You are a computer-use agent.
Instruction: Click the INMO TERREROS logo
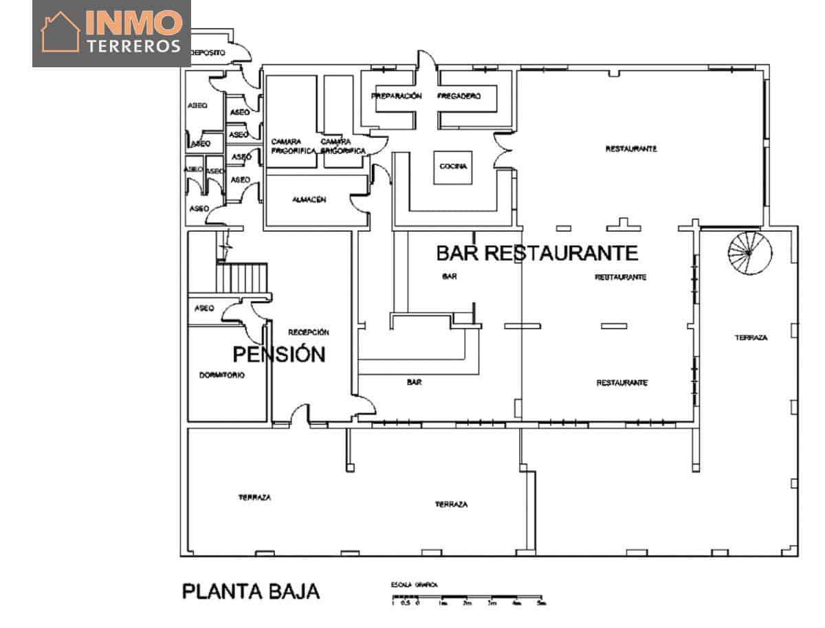111,34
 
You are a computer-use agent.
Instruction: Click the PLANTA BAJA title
250,591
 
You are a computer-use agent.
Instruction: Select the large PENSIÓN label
278,355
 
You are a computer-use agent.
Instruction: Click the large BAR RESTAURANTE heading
537,253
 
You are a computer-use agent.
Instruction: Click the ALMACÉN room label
309,201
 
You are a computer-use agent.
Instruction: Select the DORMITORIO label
222,375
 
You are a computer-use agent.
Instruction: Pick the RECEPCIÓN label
309,332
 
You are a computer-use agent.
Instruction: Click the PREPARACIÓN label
396,96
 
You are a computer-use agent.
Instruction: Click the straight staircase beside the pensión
241,278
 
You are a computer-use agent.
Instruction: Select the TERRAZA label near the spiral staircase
751,337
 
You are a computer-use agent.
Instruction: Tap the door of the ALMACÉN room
362,201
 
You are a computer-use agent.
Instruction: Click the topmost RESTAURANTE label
631,148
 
